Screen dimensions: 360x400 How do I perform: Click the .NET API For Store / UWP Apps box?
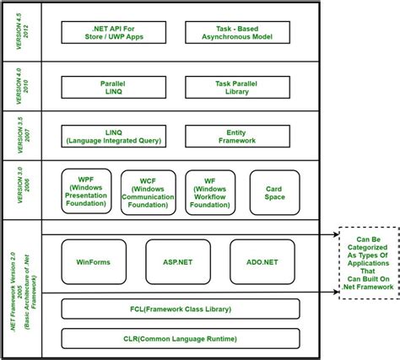click(114, 33)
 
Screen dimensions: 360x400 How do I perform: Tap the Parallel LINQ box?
click(114, 87)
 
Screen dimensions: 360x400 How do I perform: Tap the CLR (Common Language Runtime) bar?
click(180, 339)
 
